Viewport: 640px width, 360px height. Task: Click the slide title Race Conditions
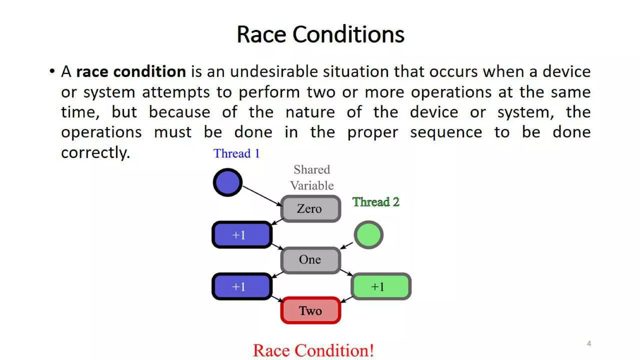320,34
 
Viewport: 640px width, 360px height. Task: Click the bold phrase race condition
131,72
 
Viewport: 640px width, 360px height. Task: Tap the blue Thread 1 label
237,153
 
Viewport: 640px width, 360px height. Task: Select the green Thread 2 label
376,202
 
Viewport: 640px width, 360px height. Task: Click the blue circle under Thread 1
227,182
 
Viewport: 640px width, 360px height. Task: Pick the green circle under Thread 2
368,235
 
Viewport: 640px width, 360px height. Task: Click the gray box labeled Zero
310,209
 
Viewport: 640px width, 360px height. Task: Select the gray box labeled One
310,260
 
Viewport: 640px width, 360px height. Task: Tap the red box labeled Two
310,311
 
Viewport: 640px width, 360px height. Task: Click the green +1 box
381,287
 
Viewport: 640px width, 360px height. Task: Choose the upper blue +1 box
242,235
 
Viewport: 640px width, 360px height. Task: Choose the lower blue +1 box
242,287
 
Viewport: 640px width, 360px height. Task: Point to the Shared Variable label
312,177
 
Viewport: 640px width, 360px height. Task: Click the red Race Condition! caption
313,350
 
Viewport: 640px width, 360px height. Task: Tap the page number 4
589,343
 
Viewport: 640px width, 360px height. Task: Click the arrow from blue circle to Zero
262,196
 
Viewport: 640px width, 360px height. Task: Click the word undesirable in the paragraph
274,72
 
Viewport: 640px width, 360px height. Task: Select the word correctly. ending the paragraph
95,152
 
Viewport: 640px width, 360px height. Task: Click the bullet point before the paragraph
52,71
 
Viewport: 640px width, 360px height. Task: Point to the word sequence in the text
446,132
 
